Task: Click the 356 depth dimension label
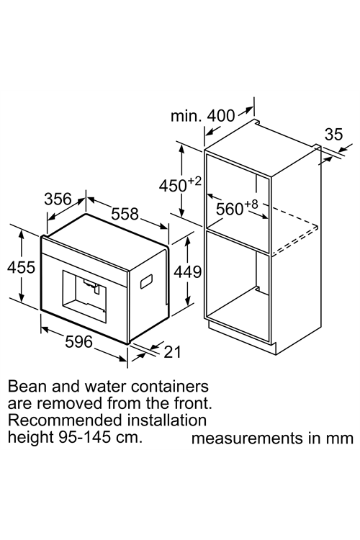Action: [58, 199]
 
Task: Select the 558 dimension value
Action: [125, 214]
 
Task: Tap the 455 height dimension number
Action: [22, 267]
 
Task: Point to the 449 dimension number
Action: [187, 272]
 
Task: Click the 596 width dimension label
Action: [79, 341]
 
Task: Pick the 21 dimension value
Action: [172, 352]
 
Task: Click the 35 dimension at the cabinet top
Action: [334, 135]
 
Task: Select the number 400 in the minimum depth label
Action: [221, 116]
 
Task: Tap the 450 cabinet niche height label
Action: [173, 186]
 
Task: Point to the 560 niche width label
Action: [230, 209]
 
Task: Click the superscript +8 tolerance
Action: [251, 204]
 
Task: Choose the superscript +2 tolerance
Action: [194, 181]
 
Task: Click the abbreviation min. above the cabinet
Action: [186, 116]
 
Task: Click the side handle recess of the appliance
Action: [146, 281]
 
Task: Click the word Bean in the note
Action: [27, 387]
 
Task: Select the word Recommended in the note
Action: [65, 420]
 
